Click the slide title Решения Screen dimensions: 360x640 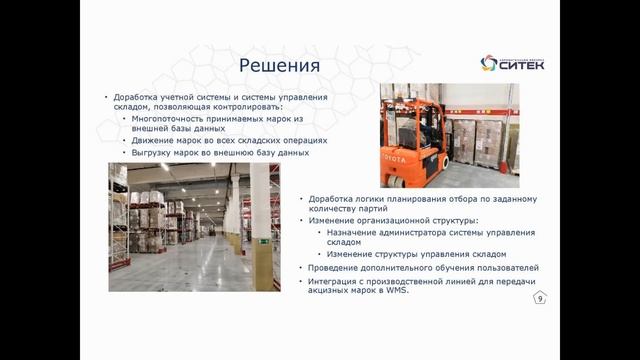point(279,66)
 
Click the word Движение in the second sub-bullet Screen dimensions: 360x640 point(154,141)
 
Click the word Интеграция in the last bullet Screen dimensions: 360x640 point(343,282)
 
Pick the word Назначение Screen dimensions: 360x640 point(357,231)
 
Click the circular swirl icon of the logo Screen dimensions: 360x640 point(489,64)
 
